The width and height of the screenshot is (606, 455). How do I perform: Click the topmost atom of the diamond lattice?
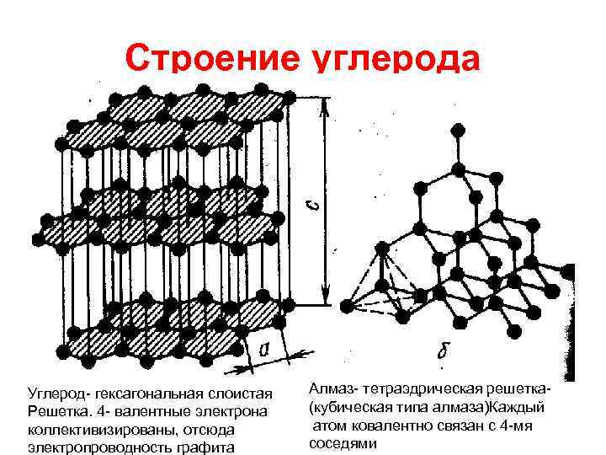pos(458,131)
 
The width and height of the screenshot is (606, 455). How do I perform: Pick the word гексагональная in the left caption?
pos(153,394)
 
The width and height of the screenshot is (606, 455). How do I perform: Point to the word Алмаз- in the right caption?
pos(334,388)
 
